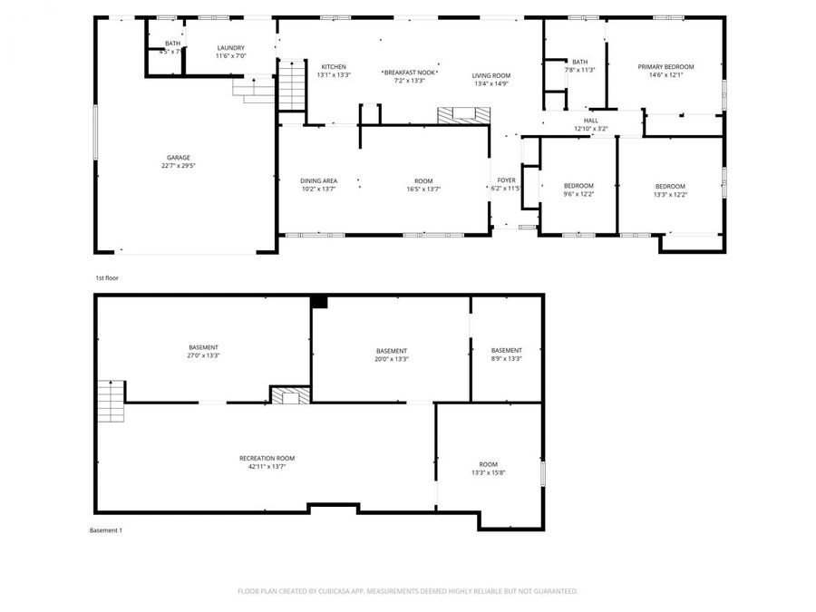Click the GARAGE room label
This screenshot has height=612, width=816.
[x=178, y=158]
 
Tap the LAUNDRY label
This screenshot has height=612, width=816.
[x=230, y=48]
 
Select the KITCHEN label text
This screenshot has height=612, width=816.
[x=334, y=67]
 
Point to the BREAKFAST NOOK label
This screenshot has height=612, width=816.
[x=410, y=72]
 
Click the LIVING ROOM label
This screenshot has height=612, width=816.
[x=491, y=75]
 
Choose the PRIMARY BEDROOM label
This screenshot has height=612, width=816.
[x=665, y=67]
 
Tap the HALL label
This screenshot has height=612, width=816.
[x=591, y=121]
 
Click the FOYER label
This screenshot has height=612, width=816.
[x=506, y=180]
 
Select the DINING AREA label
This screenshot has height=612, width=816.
[x=319, y=180]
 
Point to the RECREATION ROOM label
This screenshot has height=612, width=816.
[x=267, y=458]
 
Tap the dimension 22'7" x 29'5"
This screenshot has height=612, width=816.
[x=178, y=166]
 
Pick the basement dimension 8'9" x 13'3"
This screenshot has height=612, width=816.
[x=506, y=359]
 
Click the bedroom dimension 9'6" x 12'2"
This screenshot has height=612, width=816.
[x=578, y=194]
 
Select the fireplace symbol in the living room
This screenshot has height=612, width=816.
[x=464, y=115]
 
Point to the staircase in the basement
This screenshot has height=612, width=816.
[x=110, y=395]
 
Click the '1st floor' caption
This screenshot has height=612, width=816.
[x=107, y=277]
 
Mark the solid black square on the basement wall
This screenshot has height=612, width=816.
[x=318, y=302]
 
